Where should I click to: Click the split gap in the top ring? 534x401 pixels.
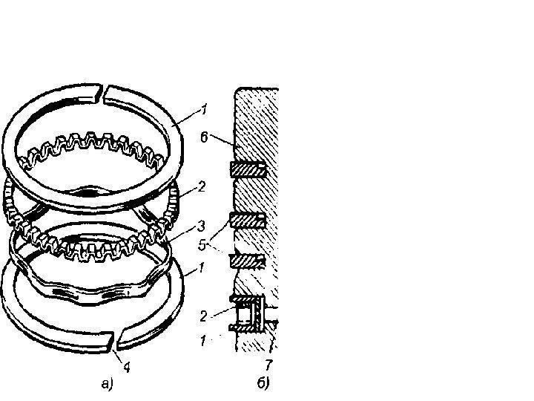coord(102,94)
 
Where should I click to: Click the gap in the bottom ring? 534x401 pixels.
coord(114,341)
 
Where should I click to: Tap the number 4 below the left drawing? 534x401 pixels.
coord(127,368)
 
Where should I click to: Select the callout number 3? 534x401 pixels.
coord(201,226)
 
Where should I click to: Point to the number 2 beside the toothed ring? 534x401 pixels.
coord(201,187)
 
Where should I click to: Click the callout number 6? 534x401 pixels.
coord(204,138)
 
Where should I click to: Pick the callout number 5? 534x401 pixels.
coord(202,245)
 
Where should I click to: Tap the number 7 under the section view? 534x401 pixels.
coord(268,365)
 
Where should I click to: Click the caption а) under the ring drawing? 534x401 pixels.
coord(107,384)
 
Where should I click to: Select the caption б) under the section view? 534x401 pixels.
coord(263,383)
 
